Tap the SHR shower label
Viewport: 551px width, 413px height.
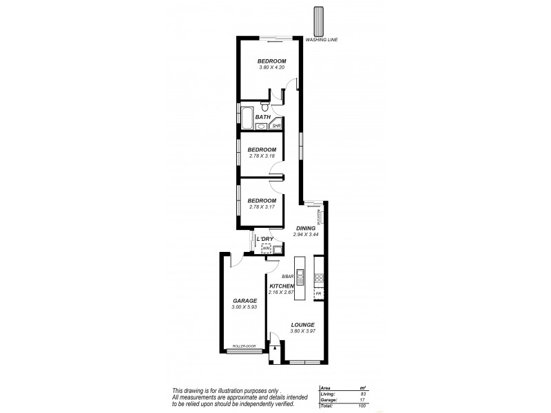(277, 126)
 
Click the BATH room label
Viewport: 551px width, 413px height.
(262, 117)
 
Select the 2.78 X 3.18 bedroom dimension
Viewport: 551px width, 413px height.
(262, 156)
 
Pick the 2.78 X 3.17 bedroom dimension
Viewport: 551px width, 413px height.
(262, 206)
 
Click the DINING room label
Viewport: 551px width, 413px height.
(306, 229)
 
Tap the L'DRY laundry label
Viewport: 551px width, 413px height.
(265, 239)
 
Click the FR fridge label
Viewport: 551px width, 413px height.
(319, 293)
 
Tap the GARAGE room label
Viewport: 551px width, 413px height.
(245, 300)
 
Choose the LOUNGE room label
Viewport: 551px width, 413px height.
(303, 325)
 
